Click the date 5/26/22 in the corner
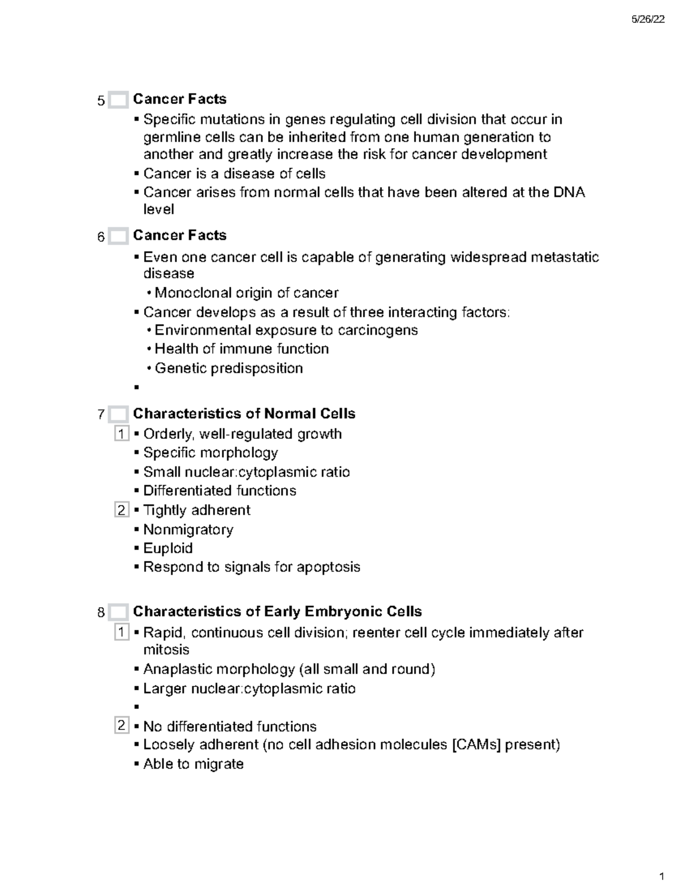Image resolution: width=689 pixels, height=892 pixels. coord(648,20)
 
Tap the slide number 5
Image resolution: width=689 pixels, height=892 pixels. coord(101,101)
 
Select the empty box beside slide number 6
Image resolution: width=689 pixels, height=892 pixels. coord(118,236)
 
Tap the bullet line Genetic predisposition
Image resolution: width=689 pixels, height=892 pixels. coord(229,368)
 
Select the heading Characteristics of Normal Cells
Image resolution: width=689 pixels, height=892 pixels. coord(244,414)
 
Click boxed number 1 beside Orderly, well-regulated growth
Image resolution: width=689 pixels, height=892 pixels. coord(121,434)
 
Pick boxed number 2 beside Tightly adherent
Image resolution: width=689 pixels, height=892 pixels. coord(121,510)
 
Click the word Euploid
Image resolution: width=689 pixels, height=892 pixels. coord(168,548)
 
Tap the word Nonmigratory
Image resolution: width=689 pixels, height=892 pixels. coord(188,529)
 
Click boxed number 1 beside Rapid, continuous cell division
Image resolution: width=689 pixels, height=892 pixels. coord(121,632)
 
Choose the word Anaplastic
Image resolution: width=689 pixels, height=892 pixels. coord(178,669)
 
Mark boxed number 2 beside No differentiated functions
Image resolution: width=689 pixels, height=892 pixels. coord(121,726)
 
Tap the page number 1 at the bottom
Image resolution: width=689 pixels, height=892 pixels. coord(662,876)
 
